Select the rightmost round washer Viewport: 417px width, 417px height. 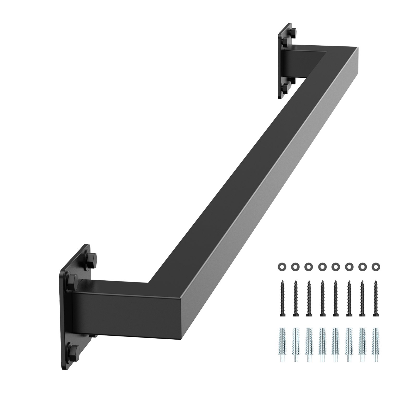click(376, 267)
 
